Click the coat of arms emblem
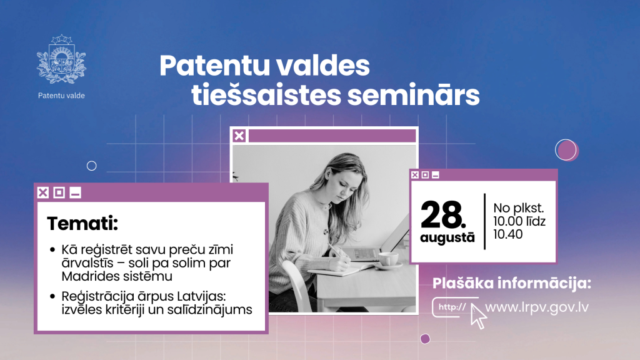(61, 59)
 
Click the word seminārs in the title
(414, 95)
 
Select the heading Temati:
(82, 223)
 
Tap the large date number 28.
(443, 215)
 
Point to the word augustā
(447, 238)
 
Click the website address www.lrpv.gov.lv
(537, 307)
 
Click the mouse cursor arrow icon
(478, 317)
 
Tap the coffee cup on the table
(389, 259)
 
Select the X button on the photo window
(239, 136)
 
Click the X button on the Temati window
(43, 192)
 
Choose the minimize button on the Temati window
(75, 192)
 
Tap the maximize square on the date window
(425, 175)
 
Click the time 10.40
(507, 234)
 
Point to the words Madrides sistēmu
(117, 276)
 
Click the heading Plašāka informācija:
(512, 283)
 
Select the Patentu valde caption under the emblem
(61, 96)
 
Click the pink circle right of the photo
(566, 150)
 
